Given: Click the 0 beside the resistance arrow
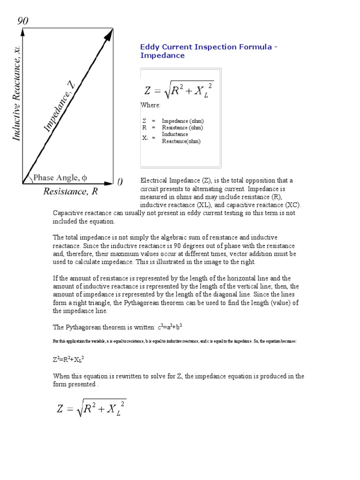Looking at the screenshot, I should pos(120,182).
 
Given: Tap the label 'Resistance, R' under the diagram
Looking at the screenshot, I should pos(71,191).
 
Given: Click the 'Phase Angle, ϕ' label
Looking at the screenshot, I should pos(60,178).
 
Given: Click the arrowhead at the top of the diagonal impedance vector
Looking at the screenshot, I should pos(110,33).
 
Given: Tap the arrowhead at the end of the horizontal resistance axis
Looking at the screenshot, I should pos(110,183).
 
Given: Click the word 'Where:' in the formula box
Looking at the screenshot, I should pos(151,105).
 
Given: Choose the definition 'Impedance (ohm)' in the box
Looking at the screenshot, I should pos(183,121).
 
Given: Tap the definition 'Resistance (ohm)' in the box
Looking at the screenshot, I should pos(183,127).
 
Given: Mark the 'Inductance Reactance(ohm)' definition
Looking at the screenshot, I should pos(181,138).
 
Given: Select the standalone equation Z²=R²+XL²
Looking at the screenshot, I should pos(68,360).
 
